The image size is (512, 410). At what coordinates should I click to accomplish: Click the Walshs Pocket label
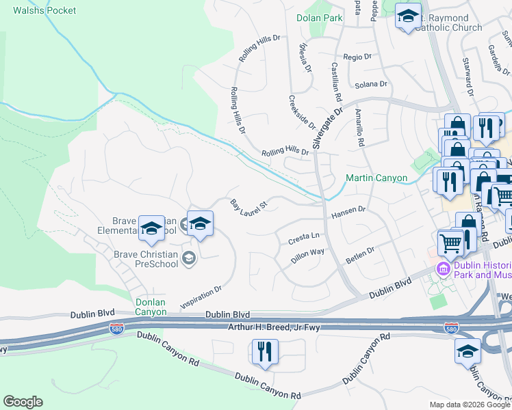44,10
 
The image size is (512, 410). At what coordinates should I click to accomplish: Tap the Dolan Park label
319,18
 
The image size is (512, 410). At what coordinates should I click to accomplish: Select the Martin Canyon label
376,178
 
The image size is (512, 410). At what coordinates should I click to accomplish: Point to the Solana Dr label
372,85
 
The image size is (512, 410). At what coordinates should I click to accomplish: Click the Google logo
23,402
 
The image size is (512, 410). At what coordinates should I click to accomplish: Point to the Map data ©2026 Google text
469,405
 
